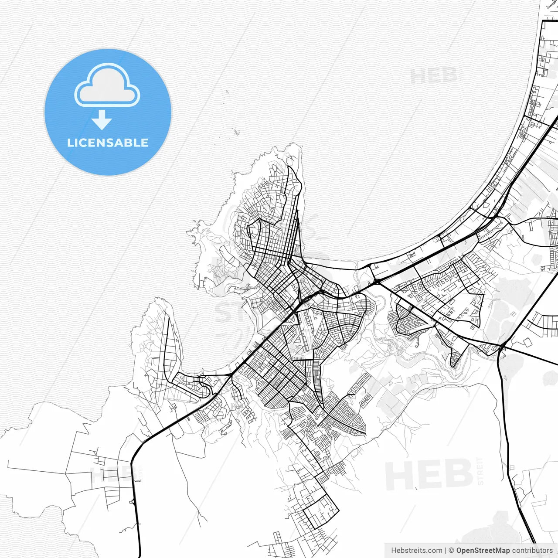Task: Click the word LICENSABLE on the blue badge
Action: [108, 143]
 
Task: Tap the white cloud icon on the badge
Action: [107, 85]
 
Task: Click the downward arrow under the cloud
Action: [102, 120]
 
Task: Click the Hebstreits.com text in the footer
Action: [416, 551]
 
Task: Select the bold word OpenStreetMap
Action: [483, 551]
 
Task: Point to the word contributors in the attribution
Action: [532, 551]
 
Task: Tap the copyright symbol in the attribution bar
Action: [451, 551]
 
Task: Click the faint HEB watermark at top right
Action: [434, 76]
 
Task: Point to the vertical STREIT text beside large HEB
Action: [480, 471]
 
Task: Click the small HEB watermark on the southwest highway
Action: [111, 474]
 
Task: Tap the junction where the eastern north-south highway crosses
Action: [502, 347]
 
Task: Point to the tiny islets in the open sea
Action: [235, 131]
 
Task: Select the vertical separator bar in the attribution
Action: [445, 551]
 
